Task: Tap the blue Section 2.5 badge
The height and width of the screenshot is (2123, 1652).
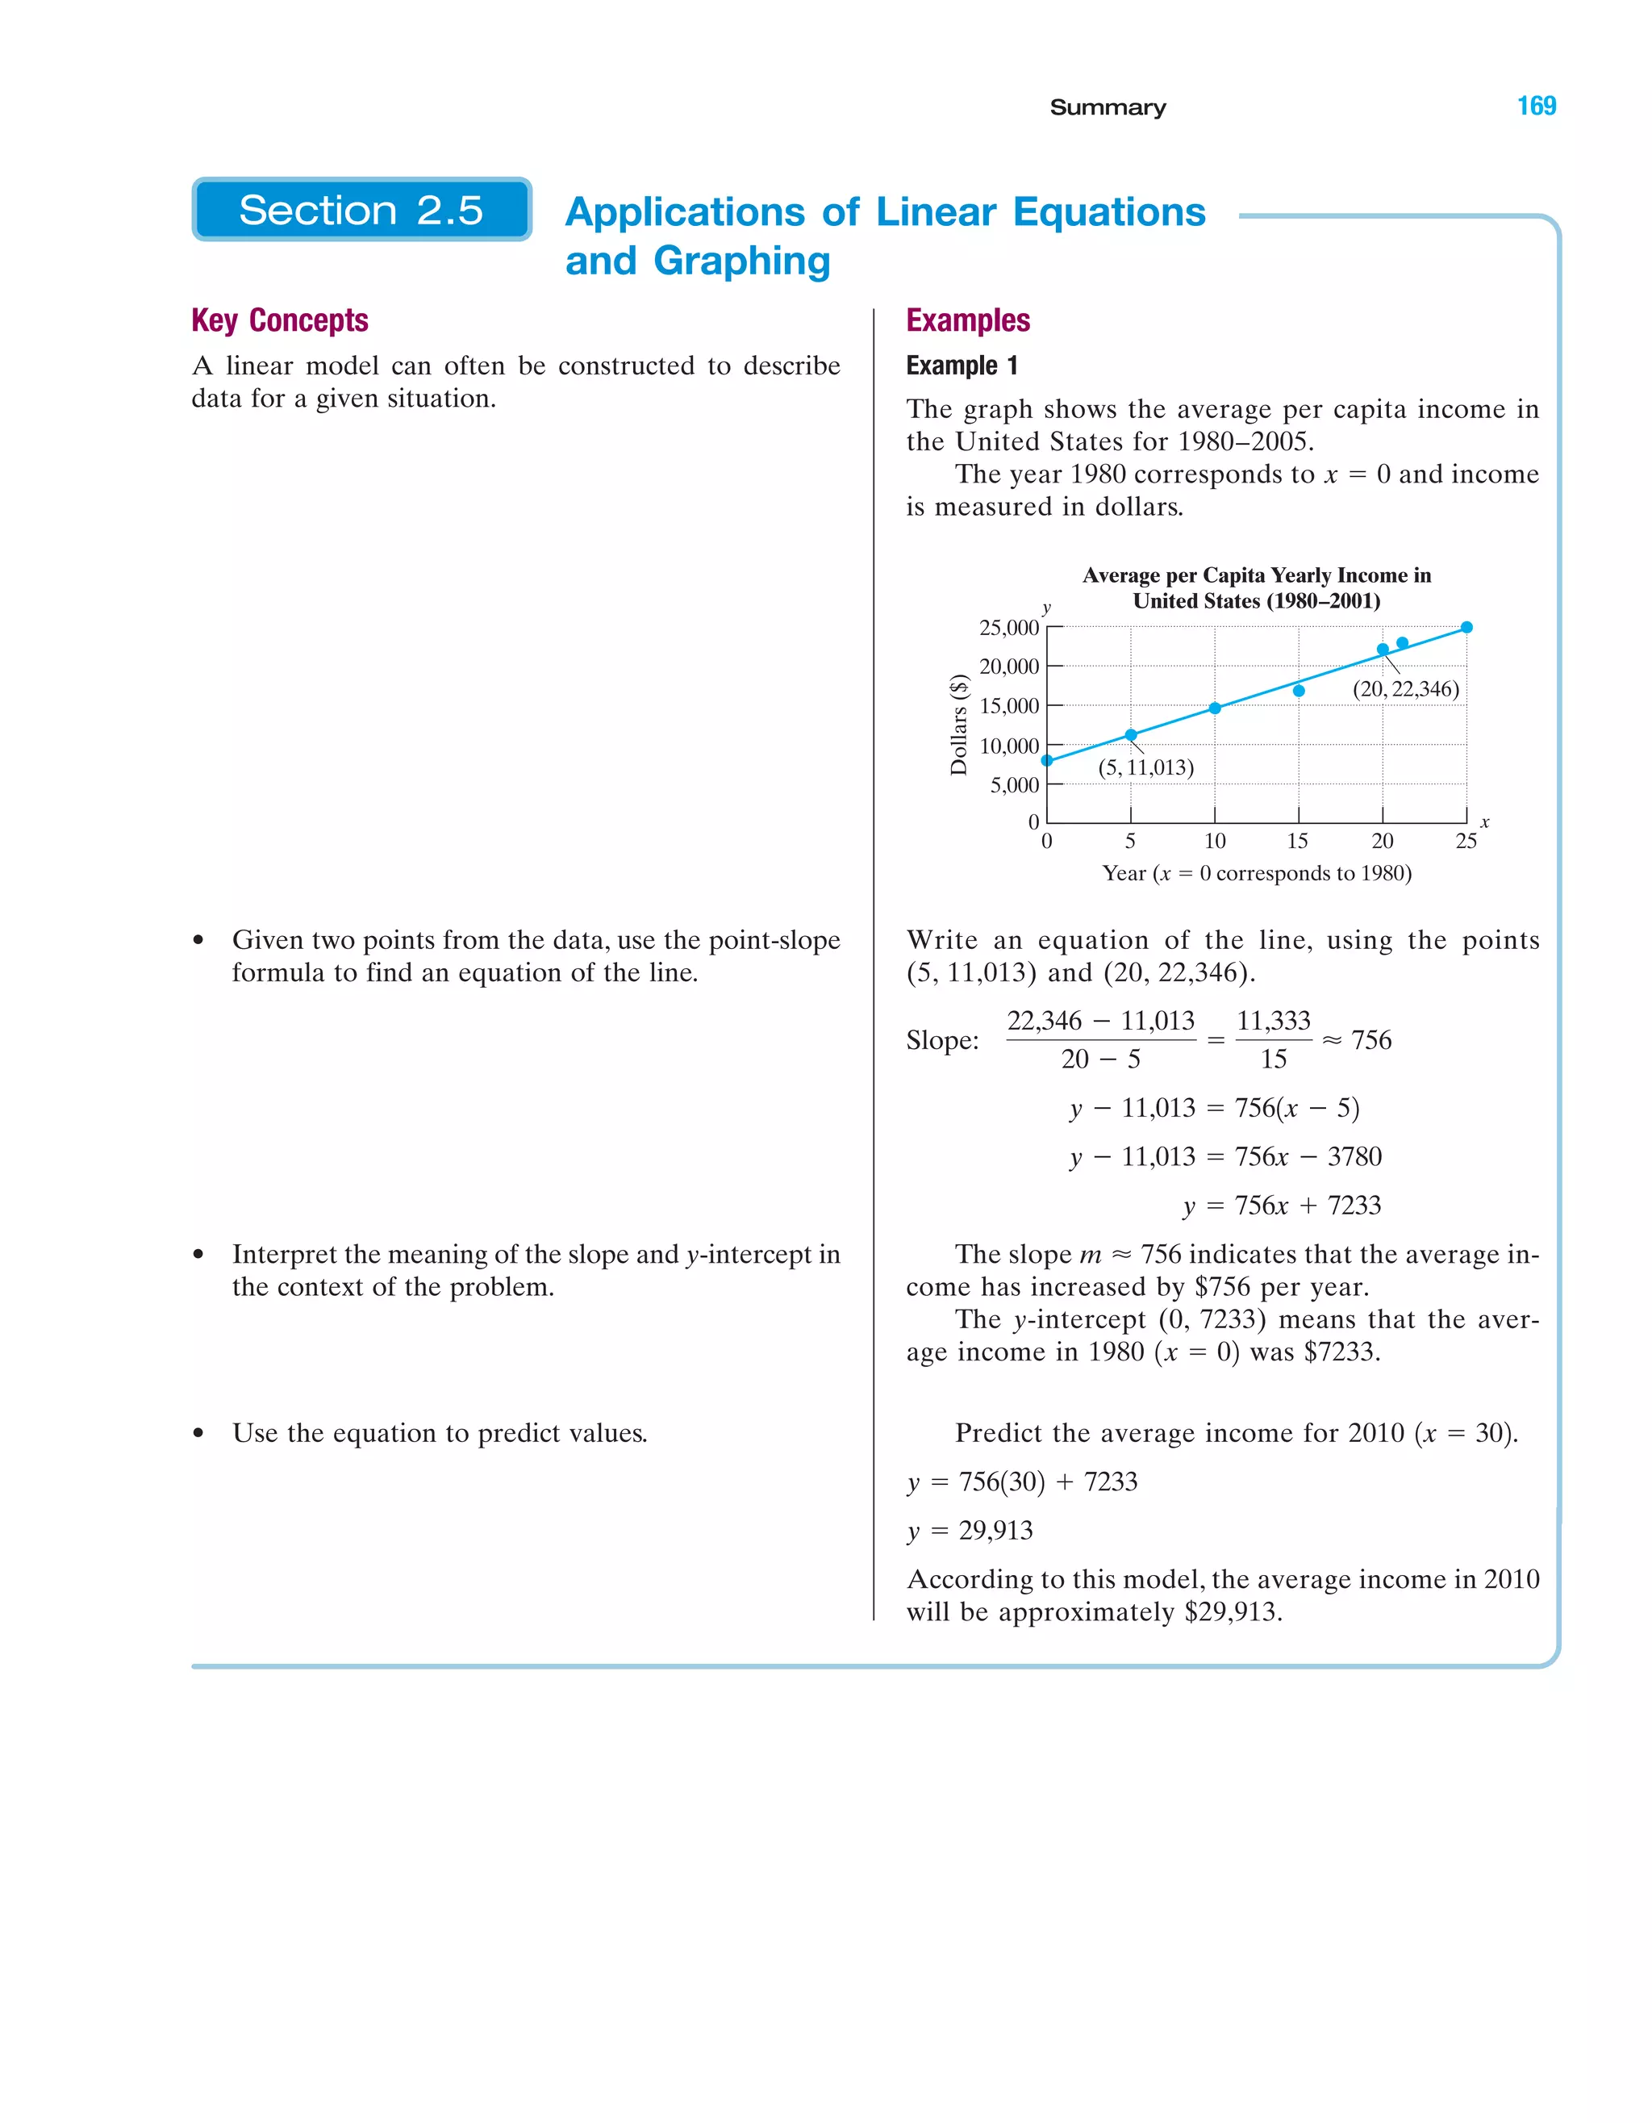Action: pos(361,210)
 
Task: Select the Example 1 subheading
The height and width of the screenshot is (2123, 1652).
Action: pos(961,366)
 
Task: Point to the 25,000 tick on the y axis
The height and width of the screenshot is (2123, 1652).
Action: pos(1008,628)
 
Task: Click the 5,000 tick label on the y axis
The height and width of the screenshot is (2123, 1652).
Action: pos(1014,785)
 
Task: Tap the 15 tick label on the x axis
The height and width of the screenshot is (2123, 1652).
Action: pos(1297,841)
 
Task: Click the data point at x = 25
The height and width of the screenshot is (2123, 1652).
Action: pos(1466,627)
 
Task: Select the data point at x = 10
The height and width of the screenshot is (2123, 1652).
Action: pos(1215,708)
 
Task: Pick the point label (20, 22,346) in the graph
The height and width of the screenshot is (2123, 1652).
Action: pos(1405,689)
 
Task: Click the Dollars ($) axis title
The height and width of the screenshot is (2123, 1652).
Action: pos(959,724)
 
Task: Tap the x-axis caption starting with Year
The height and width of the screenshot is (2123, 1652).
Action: pos(1257,873)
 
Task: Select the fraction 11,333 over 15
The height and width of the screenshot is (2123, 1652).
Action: pos(1273,1040)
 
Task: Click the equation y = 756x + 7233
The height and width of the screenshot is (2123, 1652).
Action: pos(1281,1206)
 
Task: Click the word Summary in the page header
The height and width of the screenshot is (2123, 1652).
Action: pos(1107,107)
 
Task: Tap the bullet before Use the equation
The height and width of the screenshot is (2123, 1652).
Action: pos(199,1434)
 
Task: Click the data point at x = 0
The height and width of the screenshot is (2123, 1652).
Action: pos(1046,760)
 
